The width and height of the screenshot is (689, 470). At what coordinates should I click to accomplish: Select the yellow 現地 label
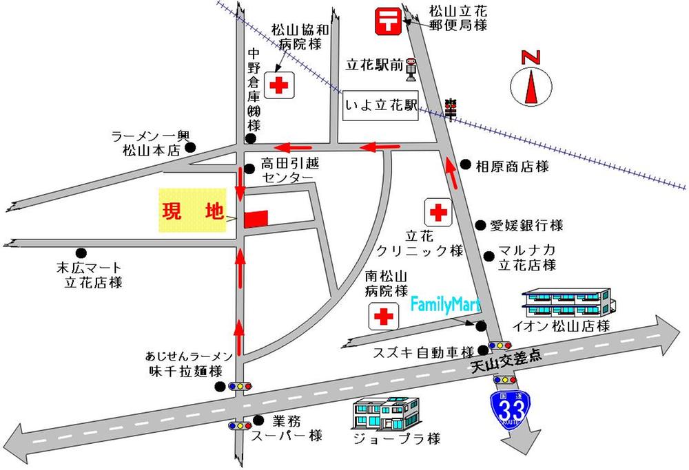point(192,211)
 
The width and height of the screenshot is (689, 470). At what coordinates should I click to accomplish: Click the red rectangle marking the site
point(255,217)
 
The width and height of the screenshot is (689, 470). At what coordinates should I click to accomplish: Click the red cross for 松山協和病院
point(279,85)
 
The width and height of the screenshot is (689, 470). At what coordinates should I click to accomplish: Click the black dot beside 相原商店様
point(466,165)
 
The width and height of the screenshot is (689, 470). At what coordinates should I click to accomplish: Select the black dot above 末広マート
point(82,253)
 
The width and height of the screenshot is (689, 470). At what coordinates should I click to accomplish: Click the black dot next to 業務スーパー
point(258,419)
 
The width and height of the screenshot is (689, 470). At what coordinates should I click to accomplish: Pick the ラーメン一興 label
point(150,137)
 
